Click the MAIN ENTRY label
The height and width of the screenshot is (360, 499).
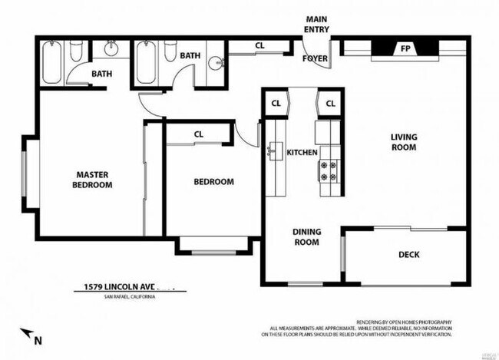pos(316,24)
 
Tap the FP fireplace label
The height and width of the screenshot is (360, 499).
pos(404,48)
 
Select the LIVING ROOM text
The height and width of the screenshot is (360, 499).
pos(403,142)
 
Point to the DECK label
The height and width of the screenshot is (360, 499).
pos(409,256)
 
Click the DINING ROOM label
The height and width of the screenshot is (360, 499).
pos(306,236)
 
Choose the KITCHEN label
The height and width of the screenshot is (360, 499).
pos(302,153)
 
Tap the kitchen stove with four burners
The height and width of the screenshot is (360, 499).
pos(329,170)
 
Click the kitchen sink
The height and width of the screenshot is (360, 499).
pos(274,150)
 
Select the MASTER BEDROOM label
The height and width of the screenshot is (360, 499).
pos(92,180)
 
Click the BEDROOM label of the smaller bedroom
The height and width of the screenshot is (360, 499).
pos(213,182)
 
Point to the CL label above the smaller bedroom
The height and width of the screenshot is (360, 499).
pos(198,134)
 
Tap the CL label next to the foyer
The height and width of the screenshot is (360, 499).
pos(259,46)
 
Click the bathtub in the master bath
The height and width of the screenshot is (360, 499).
pos(52,63)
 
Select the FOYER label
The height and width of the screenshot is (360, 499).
pos(314,58)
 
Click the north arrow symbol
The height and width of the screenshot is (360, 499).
pos(28,334)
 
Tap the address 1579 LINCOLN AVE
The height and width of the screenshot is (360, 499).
pos(117,288)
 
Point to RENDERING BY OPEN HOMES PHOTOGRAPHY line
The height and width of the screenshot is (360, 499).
pos(404,322)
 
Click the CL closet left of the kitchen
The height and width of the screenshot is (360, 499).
pos(275,104)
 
